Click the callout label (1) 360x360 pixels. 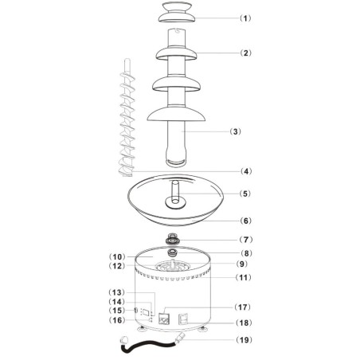coord(246,18)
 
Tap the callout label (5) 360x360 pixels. coord(246,193)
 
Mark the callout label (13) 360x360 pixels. coord(117,292)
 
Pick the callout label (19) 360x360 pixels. coord(246,340)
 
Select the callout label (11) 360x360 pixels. coord(246,277)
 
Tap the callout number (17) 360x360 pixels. coord(244,307)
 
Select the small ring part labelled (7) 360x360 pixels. coord(173,239)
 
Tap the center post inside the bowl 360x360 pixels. coord(174,195)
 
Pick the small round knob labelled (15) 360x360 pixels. coord(139,310)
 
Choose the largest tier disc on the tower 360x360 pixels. coord(178,113)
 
